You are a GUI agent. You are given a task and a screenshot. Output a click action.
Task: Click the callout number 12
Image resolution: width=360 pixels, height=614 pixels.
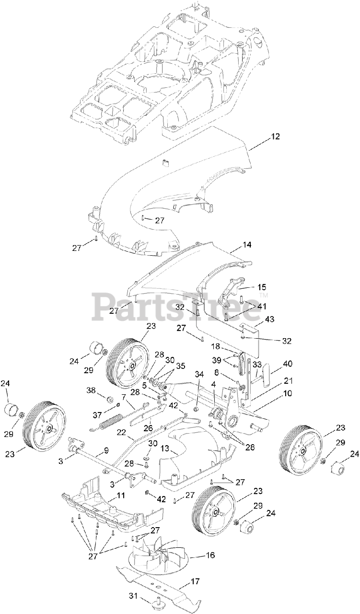pos(275,136)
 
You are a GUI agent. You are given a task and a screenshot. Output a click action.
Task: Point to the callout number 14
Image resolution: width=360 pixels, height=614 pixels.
pos(246,245)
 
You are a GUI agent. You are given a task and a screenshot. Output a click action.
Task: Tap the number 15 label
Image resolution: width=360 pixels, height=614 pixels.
pos(262,287)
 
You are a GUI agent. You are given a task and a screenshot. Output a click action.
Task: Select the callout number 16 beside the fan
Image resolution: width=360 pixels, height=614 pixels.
pos(210,555)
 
